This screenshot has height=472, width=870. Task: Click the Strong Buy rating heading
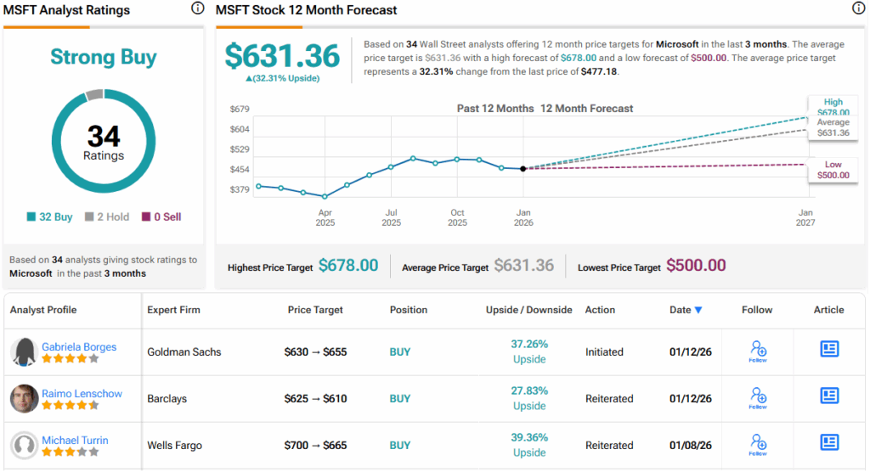point(104,58)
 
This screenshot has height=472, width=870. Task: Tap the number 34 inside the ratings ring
point(104,136)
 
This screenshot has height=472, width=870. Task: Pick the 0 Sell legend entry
point(161,216)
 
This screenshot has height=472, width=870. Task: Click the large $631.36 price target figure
point(282,55)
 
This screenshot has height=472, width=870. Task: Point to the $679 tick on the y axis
point(240,110)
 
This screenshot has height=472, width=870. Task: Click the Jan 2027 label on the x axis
point(805,217)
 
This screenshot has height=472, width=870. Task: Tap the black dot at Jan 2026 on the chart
point(523,168)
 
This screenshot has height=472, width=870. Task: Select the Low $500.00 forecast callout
point(833,169)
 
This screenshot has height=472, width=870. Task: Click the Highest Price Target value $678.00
point(348,266)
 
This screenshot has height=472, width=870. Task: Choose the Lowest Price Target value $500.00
point(696,266)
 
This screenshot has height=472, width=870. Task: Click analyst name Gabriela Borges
point(79,346)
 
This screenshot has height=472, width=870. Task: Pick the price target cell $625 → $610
point(315,398)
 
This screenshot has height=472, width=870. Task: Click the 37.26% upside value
point(528,344)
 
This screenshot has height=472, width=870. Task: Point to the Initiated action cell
point(604,351)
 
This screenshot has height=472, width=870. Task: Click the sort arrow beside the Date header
point(698,310)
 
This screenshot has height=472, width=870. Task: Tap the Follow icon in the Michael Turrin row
point(758,443)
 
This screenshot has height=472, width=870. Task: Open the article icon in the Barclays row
point(828,396)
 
